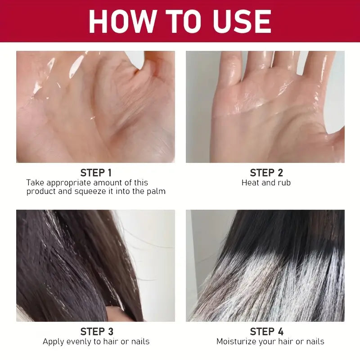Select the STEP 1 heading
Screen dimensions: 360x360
(95, 173)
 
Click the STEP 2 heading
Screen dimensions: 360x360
(266, 173)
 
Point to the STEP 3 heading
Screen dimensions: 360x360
(97, 332)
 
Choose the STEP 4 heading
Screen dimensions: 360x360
(266, 332)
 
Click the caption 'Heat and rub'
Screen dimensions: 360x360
(266, 183)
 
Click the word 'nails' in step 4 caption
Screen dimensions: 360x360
(314, 342)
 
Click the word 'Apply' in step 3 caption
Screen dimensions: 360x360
(53, 342)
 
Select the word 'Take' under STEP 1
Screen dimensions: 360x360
(34, 183)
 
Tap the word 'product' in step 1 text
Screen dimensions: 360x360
(41, 192)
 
